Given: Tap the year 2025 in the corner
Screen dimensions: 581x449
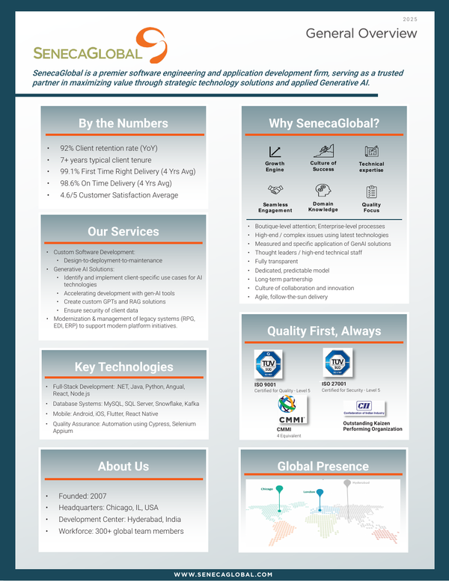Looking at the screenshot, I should (x=411, y=18).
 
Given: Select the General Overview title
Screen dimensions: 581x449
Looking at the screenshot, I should (x=361, y=34).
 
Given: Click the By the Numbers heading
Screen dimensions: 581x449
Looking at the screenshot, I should (x=123, y=123).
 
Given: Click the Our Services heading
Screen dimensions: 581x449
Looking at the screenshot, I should (x=123, y=231).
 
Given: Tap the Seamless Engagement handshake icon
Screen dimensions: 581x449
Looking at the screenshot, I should (x=275, y=191).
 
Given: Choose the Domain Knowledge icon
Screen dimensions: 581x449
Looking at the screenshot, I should (x=323, y=191).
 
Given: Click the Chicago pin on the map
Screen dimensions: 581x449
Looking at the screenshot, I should (x=278, y=491).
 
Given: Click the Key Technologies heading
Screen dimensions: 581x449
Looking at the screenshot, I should (x=123, y=366).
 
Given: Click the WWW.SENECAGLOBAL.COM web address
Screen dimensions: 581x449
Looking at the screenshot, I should (x=224, y=574).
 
